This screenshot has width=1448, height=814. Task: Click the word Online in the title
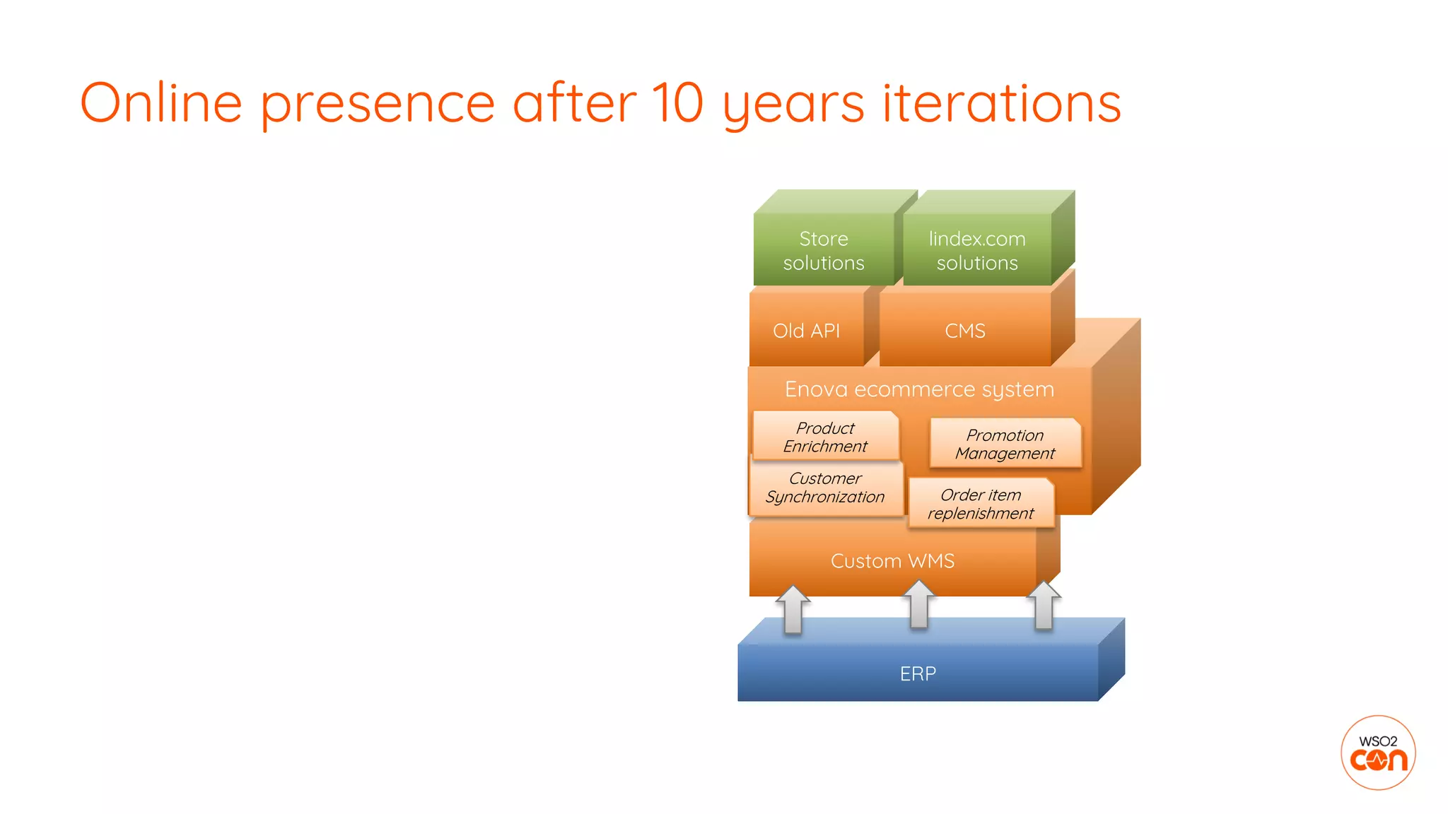tap(161, 103)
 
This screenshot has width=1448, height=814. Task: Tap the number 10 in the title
tap(677, 103)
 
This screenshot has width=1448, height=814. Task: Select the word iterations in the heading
tap(1001, 103)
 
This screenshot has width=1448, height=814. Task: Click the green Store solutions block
tap(824, 250)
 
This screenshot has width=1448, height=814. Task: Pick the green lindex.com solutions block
tap(977, 250)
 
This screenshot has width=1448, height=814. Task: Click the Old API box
tap(806, 331)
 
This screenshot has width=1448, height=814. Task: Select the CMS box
tap(965, 331)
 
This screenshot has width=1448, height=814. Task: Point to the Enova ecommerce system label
tap(919, 389)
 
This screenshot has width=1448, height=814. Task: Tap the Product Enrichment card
tap(825, 437)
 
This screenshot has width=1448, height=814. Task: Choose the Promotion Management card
tap(1005, 444)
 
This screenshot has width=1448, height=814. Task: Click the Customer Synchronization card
tap(825, 488)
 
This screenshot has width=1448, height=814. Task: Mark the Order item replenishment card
tap(981, 504)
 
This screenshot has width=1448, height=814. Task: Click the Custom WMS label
tap(892, 561)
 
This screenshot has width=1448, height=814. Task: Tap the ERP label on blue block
tap(918, 673)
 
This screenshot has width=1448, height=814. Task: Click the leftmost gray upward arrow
tap(793, 609)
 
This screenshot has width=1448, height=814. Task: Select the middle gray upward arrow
tap(918, 604)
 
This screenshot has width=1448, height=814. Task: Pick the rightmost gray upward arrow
tap(1044, 605)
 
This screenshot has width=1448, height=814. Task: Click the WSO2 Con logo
tap(1378, 753)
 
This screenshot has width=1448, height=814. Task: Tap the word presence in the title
tap(377, 103)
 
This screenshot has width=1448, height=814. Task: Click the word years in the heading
tap(793, 103)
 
